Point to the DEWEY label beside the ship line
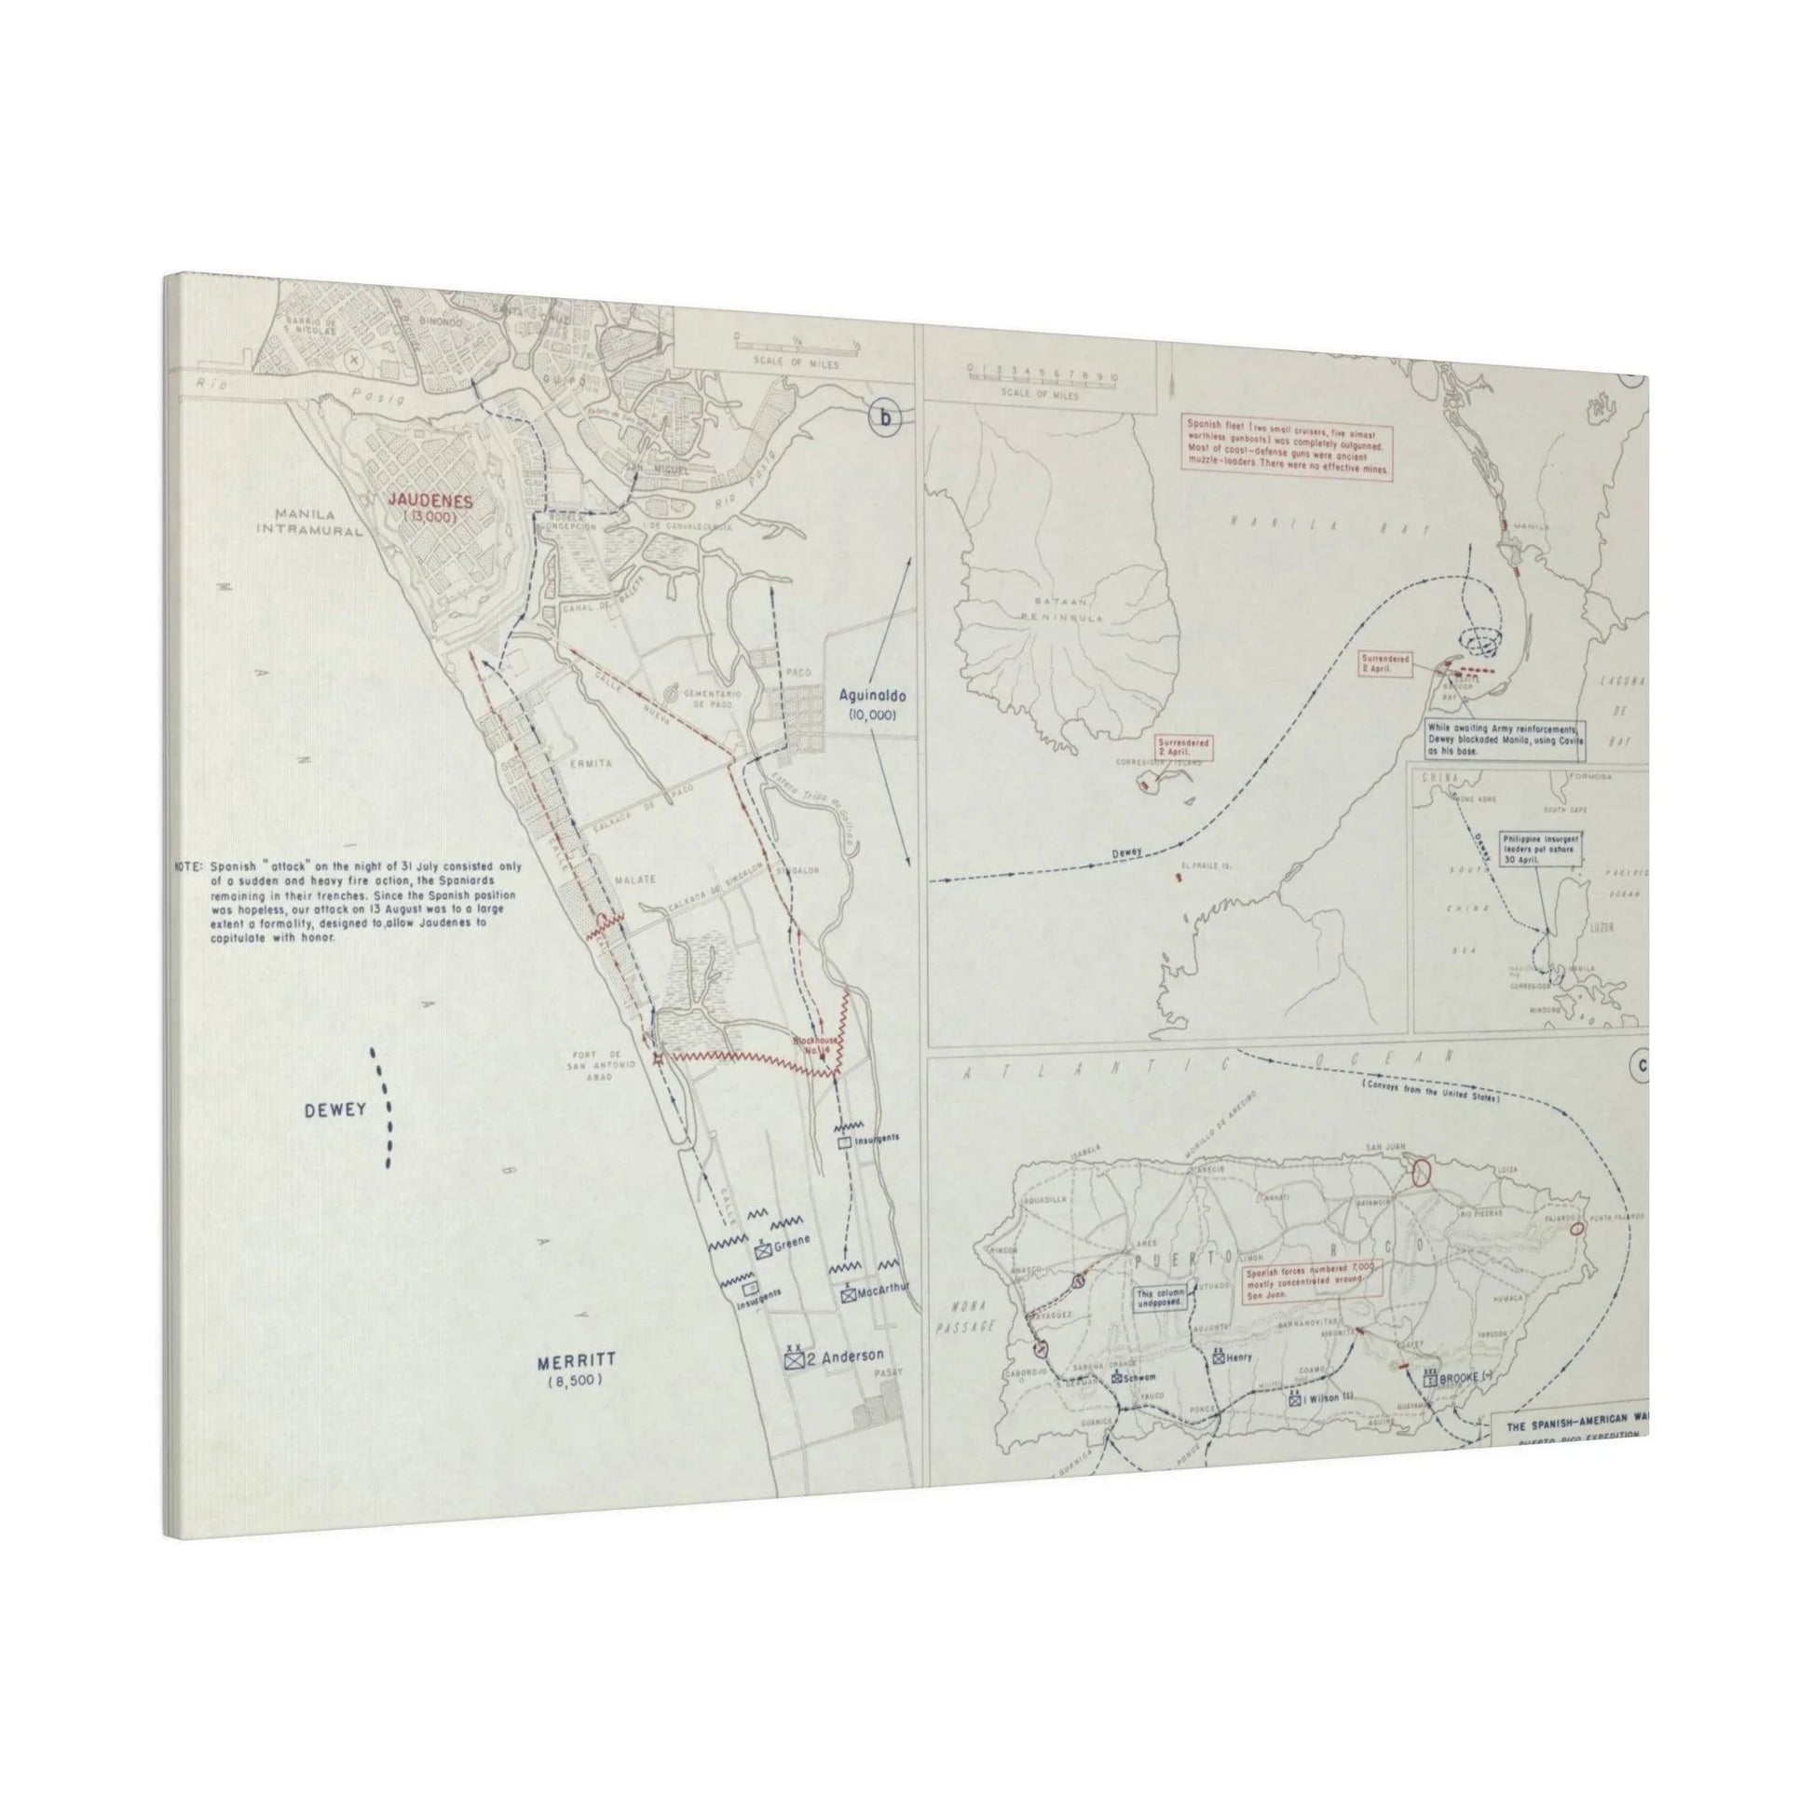tap(334, 1111)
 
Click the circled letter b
tap(884, 419)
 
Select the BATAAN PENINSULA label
tap(1055, 610)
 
